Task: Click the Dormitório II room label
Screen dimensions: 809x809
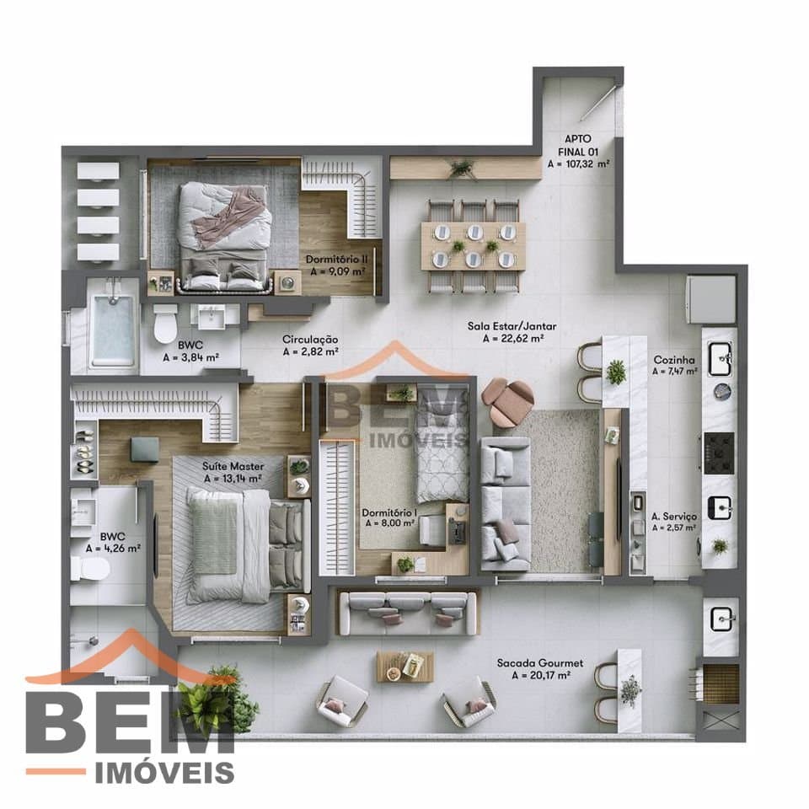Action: (x=336, y=259)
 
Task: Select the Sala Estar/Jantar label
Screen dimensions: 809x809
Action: (x=512, y=326)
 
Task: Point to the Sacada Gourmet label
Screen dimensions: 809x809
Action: (x=539, y=663)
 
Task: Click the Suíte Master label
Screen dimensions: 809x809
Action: (x=233, y=466)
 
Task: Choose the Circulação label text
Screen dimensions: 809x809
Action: (x=310, y=340)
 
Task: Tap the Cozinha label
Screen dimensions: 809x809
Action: (x=674, y=360)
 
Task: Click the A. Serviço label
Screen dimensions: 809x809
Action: (x=674, y=516)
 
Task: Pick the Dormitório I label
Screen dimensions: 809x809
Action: (x=389, y=512)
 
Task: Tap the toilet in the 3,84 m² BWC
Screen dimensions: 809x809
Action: (x=165, y=324)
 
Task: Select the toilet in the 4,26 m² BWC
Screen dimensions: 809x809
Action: (x=90, y=569)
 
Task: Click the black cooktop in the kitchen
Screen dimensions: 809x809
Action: (x=719, y=453)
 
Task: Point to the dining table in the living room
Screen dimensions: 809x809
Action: (x=473, y=246)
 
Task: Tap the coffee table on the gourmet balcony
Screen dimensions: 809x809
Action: (x=405, y=666)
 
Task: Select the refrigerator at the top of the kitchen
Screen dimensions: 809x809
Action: (x=711, y=298)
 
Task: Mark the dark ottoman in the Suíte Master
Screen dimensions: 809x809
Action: (x=145, y=449)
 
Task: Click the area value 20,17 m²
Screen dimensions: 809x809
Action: (x=541, y=675)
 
